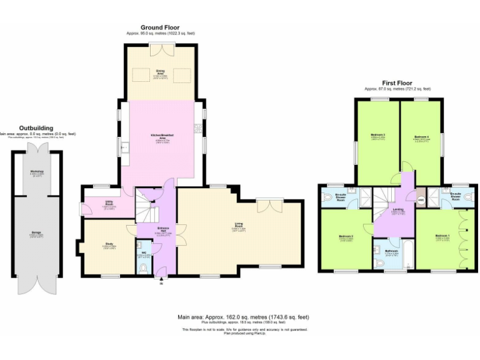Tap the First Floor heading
[397, 82]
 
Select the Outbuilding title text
[36, 127]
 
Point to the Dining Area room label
[160, 72]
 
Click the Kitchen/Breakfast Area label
[162, 136]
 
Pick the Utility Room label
[109, 202]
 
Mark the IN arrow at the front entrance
[161, 282]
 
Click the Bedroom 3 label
[377, 136]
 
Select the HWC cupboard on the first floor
[421, 200]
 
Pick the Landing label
[398, 211]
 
